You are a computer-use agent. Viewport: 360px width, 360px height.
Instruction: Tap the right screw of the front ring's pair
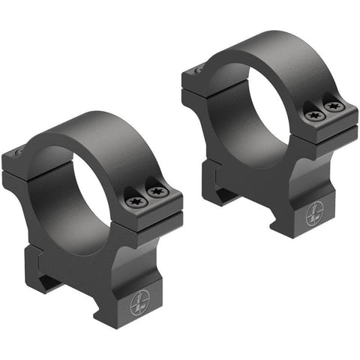click(156, 192)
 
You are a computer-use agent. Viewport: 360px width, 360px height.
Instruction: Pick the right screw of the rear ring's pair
click(334, 106)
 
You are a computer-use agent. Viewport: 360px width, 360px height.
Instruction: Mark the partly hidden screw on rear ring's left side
click(199, 70)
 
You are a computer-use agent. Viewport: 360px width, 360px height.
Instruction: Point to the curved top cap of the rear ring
click(277, 49)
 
